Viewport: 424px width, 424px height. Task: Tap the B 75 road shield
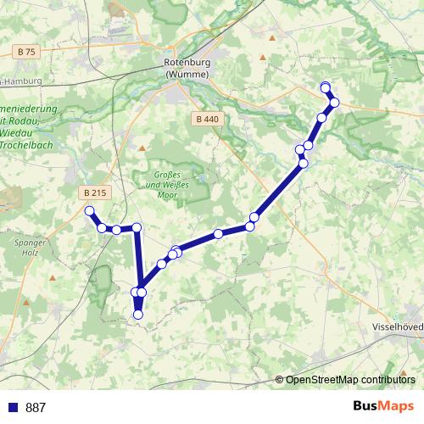pos(26,52)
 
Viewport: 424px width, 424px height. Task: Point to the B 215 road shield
pos(95,193)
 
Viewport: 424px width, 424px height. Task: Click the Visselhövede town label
pos(397,326)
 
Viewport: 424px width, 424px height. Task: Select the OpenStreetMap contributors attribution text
pos(350,379)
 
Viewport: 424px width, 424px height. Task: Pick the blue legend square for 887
pos(14,407)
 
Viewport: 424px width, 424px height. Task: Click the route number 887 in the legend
pos(36,407)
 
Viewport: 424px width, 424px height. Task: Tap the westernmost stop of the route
pos(88,211)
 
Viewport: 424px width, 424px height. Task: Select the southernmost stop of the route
pos(138,315)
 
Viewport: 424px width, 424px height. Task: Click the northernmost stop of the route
pos(326,86)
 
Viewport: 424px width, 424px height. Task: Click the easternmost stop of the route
pos(334,103)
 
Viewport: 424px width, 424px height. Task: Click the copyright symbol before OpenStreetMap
pos(279,379)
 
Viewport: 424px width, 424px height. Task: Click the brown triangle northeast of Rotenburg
pos(261,59)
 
